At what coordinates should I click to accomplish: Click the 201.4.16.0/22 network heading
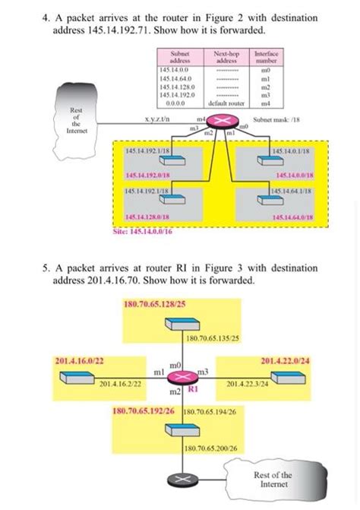tap(79, 360)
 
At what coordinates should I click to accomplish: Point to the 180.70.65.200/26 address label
tap(212, 448)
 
